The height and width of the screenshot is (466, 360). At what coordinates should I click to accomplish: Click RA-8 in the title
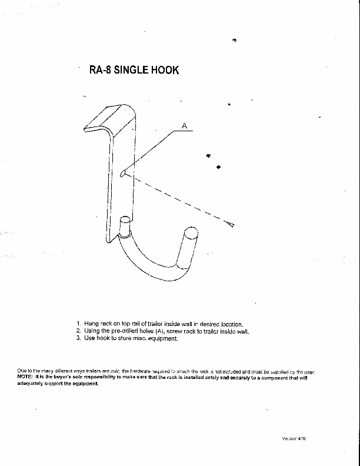tap(99, 70)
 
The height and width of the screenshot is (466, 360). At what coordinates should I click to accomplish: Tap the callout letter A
tap(184, 125)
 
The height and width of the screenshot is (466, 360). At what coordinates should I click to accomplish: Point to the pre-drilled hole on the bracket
tap(121, 173)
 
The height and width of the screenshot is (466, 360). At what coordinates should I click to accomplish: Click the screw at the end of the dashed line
tap(231, 224)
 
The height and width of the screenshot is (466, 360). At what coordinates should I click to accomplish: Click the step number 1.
tap(78, 324)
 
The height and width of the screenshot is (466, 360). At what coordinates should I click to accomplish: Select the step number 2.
tap(78, 331)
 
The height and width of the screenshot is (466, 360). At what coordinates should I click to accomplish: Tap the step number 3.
tap(78, 338)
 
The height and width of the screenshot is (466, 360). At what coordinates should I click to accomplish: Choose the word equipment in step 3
tap(162, 339)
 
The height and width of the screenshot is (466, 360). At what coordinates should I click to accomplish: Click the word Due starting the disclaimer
tap(22, 371)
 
